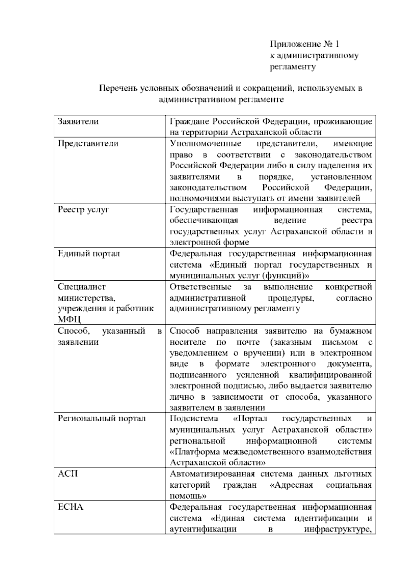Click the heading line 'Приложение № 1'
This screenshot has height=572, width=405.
[x=304, y=44]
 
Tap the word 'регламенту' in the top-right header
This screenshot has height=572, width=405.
[x=293, y=66]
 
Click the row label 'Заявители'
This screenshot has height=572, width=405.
[x=78, y=121]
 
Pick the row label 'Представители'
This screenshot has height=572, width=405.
[x=88, y=143]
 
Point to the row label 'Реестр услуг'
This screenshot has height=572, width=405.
[x=83, y=209]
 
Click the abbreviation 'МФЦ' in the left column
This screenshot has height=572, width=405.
[x=69, y=319]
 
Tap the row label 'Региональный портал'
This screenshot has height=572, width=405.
[x=102, y=419]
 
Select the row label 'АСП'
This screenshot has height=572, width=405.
[x=68, y=474]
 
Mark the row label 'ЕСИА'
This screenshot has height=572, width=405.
[x=70, y=507]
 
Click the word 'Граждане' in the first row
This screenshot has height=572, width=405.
[x=186, y=121]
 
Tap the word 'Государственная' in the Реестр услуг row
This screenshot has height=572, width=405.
[x=204, y=209]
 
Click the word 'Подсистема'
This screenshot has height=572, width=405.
[x=194, y=419]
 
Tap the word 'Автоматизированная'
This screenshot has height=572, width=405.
[x=212, y=474]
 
